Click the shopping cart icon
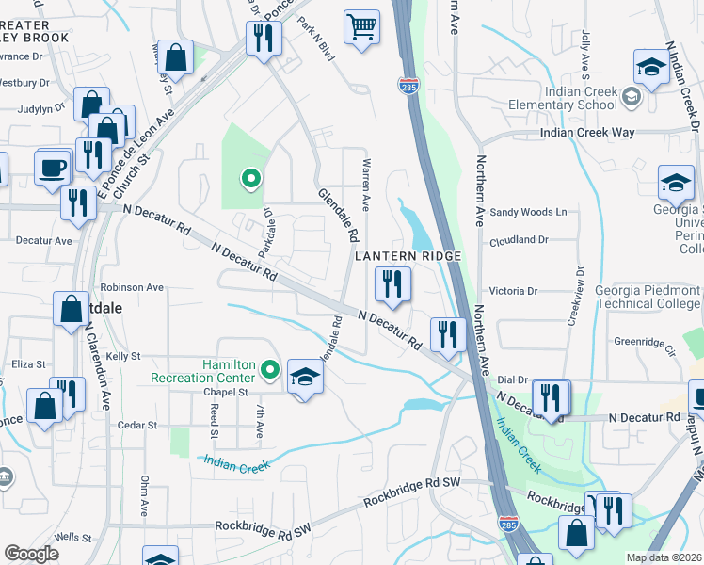(360, 27)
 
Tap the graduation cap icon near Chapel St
(304, 378)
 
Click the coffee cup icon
(54, 168)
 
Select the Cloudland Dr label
(519, 241)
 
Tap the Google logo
(31, 554)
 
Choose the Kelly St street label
(122, 357)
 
